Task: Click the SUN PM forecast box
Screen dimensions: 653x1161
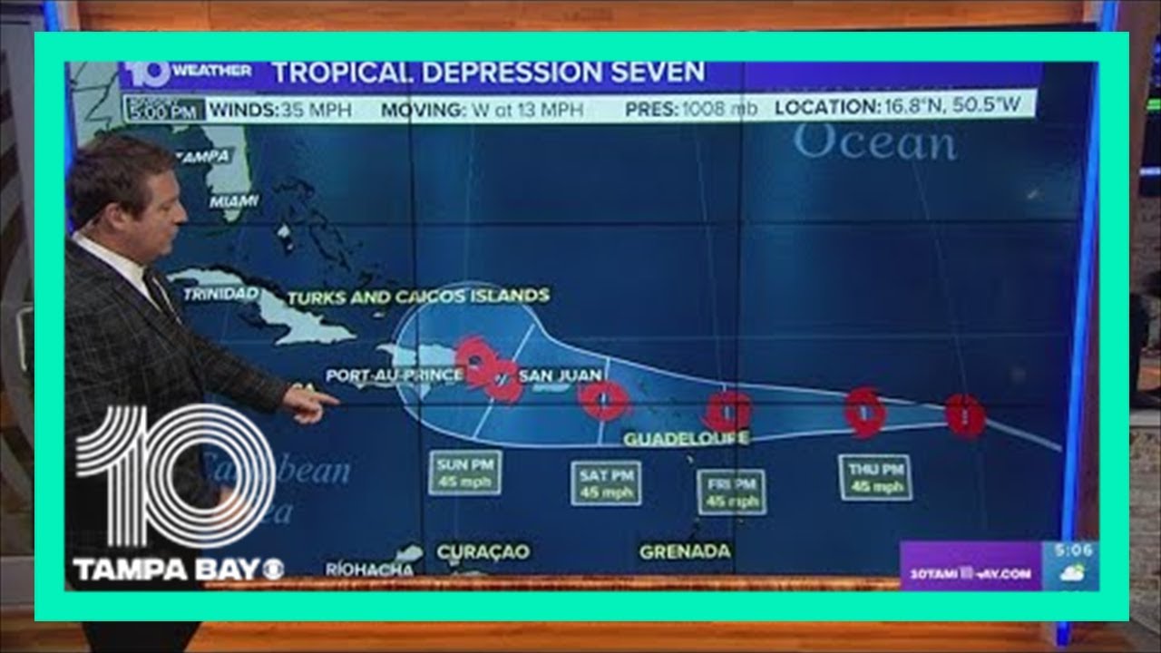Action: (x=464, y=473)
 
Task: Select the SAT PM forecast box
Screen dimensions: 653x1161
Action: (x=606, y=483)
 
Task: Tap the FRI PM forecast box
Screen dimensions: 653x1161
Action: (x=731, y=492)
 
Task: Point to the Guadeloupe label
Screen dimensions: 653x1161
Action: (x=687, y=439)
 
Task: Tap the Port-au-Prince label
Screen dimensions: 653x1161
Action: (x=395, y=374)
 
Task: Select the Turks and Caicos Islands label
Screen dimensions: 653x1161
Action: (x=418, y=296)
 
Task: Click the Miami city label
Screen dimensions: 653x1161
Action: (x=234, y=200)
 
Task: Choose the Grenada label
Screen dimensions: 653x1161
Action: (x=685, y=551)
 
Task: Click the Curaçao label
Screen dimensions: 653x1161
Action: (x=483, y=551)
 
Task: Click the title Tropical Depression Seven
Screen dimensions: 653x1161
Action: (x=488, y=72)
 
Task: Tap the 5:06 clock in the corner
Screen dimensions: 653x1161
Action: (x=1074, y=551)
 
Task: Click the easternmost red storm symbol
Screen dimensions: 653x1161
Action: (x=965, y=414)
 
